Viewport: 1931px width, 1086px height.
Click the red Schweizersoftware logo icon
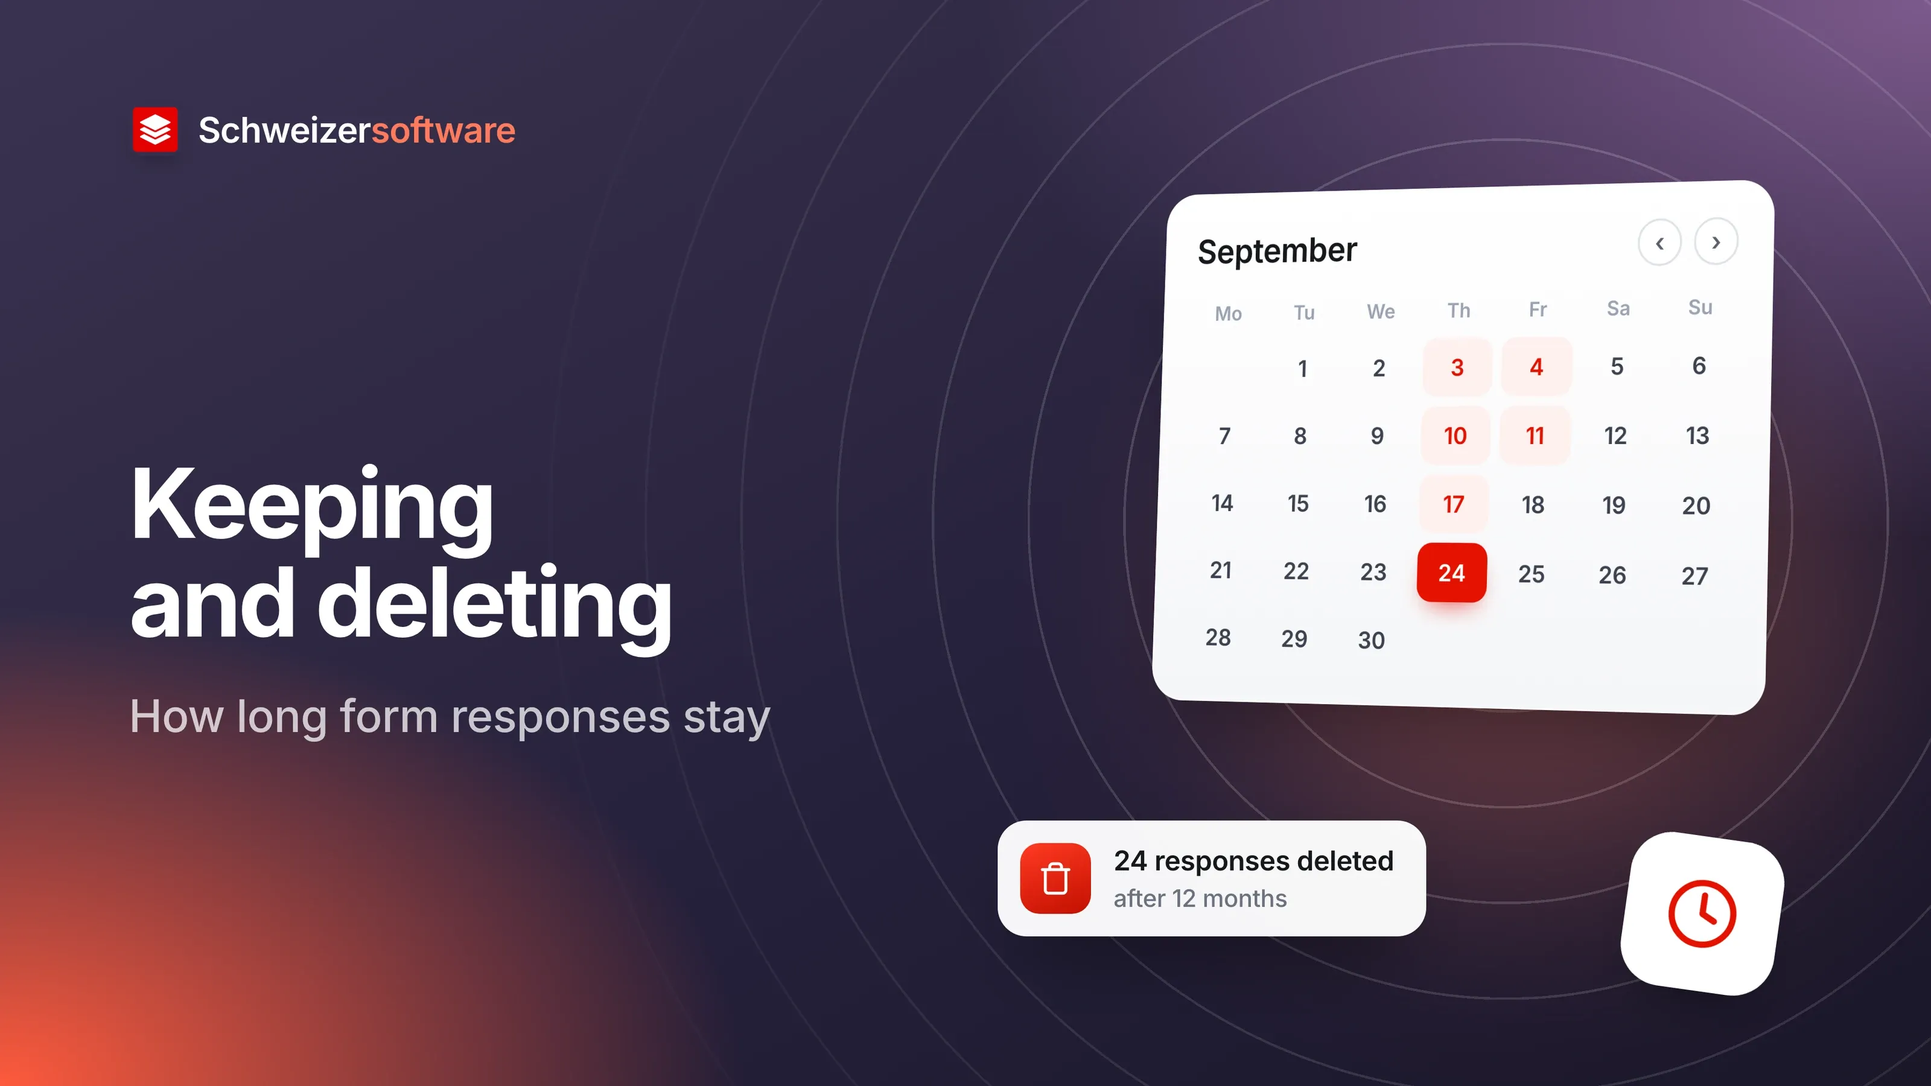click(155, 129)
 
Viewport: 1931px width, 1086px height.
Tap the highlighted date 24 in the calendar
click(1451, 573)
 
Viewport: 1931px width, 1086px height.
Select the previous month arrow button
click(1659, 243)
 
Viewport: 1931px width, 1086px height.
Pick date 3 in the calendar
click(1457, 367)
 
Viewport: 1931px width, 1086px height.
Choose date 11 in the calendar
click(1535, 436)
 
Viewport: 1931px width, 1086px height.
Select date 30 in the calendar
click(1371, 640)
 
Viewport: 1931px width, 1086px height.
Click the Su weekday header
click(1700, 307)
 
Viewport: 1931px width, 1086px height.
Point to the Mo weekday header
click(1229, 313)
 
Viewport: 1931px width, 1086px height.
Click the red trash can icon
click(1055, 878)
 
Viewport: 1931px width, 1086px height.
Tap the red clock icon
click(1702, 913)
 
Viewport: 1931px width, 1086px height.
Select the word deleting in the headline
click(495, 603)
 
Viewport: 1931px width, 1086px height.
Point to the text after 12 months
click(1200, 898)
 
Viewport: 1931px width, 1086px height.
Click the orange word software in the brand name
click(444, 130)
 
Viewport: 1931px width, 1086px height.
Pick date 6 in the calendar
click(1699, 366)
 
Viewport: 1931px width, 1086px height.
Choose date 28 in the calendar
click(1218, 637)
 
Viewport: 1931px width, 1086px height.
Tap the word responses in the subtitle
click(561, 717)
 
